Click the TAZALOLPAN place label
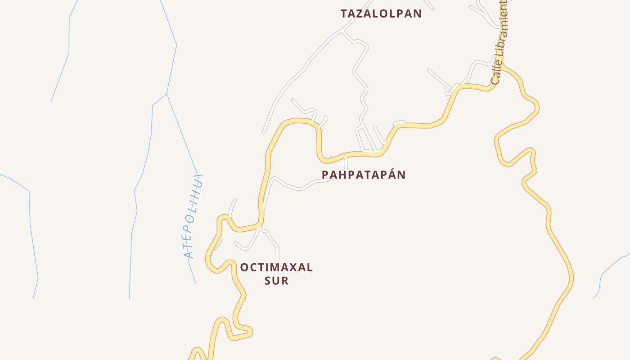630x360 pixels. tap(381, 13)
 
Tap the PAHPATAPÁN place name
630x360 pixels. tap(364, 175)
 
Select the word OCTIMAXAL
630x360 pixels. tap(276, 267)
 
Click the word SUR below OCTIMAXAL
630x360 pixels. tap(276, 281)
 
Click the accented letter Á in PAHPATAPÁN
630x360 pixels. tap(391, 175)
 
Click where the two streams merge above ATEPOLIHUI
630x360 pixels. tap(166, 94)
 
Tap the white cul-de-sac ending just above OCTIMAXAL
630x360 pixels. tap(277, 261)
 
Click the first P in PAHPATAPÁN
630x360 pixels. tap(326, 175)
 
